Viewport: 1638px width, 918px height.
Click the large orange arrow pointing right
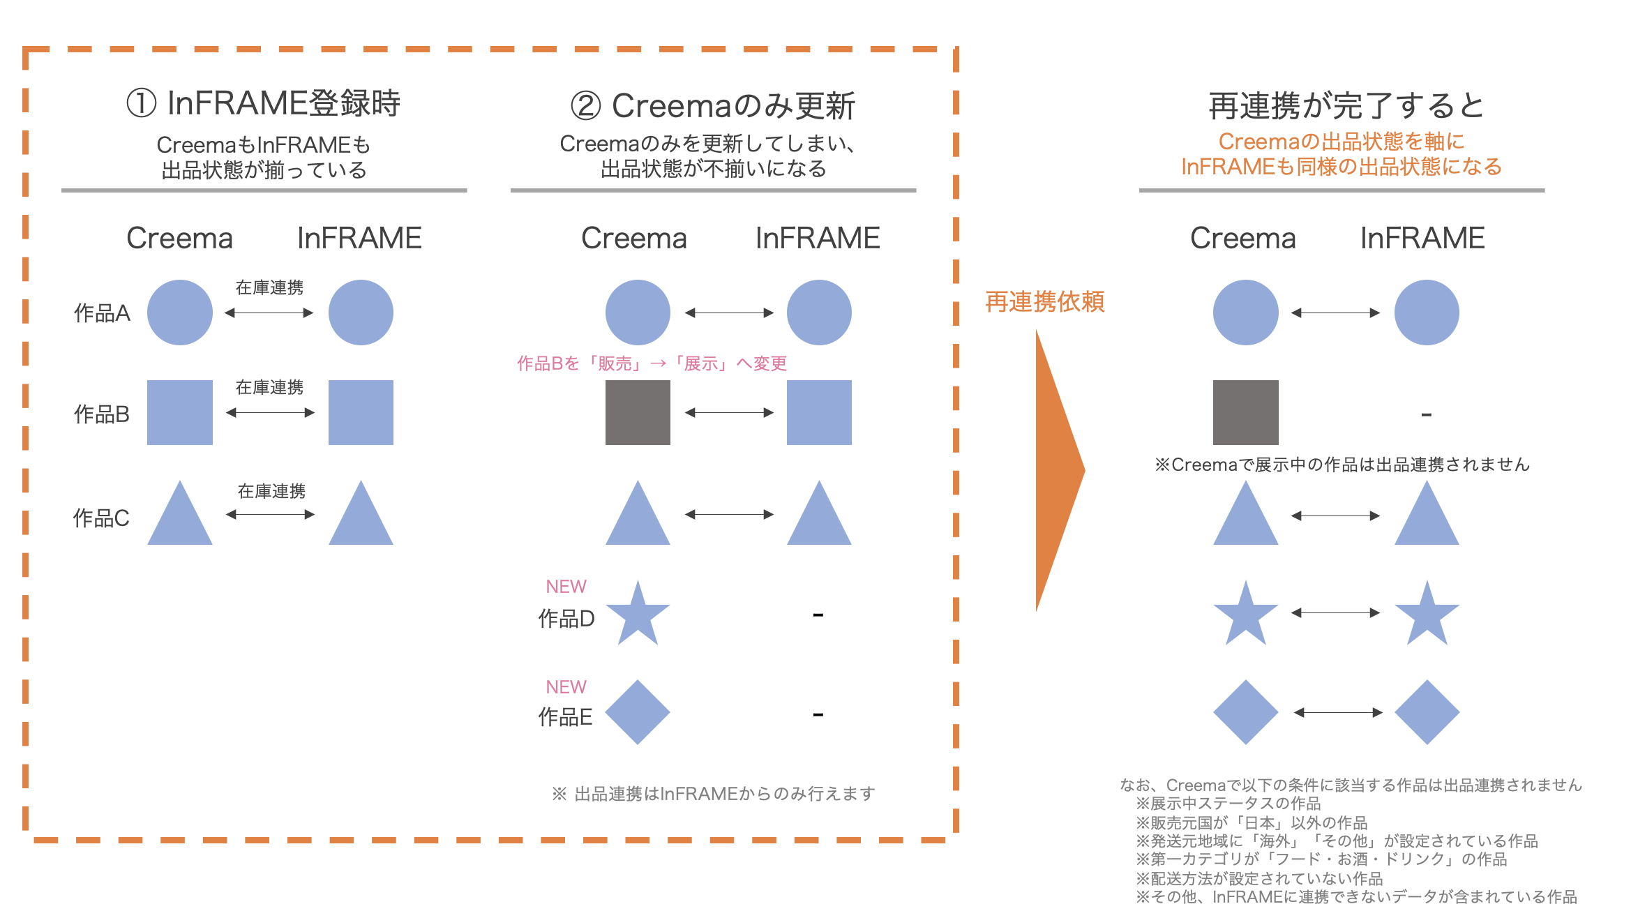click(x=1057, y=471)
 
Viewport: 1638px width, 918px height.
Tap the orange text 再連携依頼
click(x=1044, y=301)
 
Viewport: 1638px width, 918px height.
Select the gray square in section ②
click(x=638, y=412)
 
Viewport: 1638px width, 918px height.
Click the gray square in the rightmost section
click(x=1245, y=412)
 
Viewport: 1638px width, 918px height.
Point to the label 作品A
click(x=102, y=313)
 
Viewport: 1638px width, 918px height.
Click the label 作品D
click(x=566, y=619)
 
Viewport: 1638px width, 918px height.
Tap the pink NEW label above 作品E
click(x=566, y=687)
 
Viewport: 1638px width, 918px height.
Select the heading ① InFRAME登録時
click(x=263, y=103)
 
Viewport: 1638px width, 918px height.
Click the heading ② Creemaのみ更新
click(x=712, y=106)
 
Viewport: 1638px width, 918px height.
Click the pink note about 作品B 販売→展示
click(x=652, y=363)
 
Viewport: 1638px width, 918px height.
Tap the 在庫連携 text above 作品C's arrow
click(x=271, y=491)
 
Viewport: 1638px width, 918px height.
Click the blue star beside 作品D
click(x=638, y=614)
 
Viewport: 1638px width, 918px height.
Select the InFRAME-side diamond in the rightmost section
click(x=1427, y=712)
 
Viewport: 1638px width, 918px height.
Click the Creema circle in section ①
click(x=179, y=313)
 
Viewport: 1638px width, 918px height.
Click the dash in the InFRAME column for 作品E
click(x=818, y=715)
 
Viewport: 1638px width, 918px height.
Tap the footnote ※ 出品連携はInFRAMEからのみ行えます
click(x=713, y=794)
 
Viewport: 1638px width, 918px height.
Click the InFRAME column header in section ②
click(x=817, y=238)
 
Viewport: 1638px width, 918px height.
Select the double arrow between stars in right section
click(x=1335, y=613)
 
